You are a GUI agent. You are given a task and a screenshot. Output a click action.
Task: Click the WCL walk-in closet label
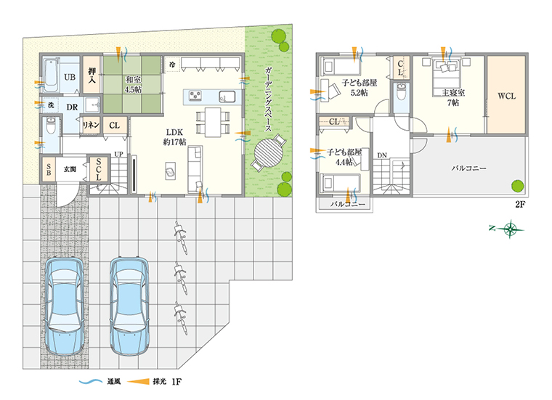click(x=506, y=96)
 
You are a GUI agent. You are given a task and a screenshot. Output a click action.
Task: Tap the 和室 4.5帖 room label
click(x=134, y=85)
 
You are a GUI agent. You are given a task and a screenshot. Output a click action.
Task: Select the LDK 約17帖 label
click(x=174, y=137)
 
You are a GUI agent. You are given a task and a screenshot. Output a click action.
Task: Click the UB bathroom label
click(x=70, y=77)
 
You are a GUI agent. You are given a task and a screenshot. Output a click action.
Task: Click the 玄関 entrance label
click(x=70, y=169)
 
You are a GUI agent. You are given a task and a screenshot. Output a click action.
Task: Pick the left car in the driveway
click(x=65, y=306)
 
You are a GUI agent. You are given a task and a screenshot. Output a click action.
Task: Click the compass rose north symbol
click(x=510, y=229)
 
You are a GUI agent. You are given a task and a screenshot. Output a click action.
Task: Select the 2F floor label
click(x=520, y=204)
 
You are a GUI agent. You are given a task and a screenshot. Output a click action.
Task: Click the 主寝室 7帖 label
click(x=453, y=97)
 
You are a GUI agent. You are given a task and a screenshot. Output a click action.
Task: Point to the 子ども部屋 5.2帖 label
click(x=359, y=88)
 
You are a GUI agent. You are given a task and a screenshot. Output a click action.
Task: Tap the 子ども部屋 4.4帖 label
click(x=344, y=157)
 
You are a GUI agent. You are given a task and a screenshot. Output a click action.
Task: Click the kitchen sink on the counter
click(x=227, y=97)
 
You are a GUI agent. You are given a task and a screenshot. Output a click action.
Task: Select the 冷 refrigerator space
click(x=173, y=65)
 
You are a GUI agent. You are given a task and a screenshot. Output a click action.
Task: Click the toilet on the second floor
click(x=401, y=92)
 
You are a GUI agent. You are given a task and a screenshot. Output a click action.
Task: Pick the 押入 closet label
click(x=92, y=75)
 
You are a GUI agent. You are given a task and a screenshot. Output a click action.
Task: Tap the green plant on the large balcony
click(x=517, y=186)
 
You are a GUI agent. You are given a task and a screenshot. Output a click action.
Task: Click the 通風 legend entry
click(x=100, y=382)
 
